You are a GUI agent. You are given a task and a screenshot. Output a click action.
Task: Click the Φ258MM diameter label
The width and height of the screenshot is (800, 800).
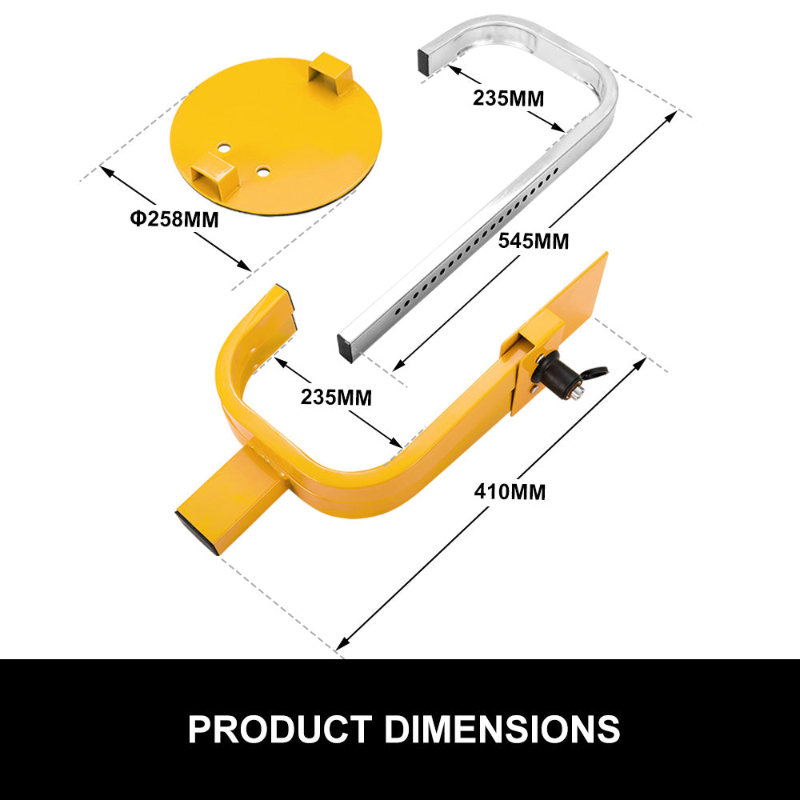tap(174, 218)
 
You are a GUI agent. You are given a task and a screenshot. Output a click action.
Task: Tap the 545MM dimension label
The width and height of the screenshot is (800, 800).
tap(533, 240)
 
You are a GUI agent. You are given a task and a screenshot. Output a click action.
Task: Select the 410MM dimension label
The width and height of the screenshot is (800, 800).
tap(510, 491)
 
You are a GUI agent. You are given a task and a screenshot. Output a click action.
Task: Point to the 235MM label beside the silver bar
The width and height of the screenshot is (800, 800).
tap(508, 98)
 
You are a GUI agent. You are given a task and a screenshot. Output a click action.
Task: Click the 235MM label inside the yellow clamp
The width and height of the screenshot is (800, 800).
tap(336, 396)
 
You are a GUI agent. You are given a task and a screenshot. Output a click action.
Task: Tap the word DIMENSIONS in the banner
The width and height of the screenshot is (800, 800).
tap(502, 729)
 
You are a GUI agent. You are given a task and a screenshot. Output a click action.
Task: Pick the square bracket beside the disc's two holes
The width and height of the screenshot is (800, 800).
tap(213, 174)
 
